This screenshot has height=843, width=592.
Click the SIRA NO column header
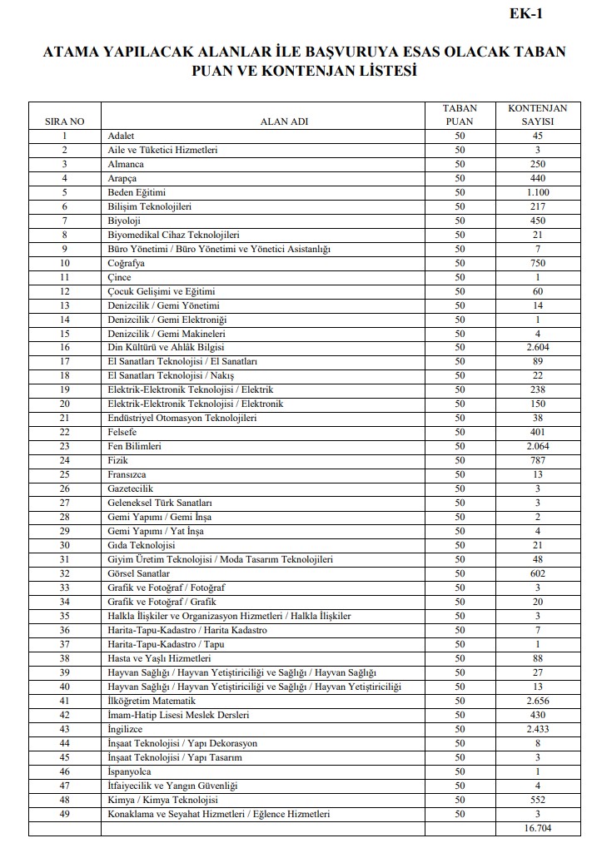[64, 121]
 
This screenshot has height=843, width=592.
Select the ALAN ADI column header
[284, 121]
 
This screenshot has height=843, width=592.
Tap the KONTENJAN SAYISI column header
[537, 115]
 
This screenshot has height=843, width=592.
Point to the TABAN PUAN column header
[459, 115]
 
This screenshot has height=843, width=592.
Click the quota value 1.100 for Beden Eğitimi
[537, 192]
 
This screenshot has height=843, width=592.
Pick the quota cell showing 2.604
[537, 347]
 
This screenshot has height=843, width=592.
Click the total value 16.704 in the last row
[537, 828]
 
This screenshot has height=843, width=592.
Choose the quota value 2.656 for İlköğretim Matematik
[537, 701]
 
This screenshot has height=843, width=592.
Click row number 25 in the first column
[64, 474]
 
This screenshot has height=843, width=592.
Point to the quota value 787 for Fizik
[537, 460]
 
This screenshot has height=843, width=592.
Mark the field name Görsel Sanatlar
[139, 573]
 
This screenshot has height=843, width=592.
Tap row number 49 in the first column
[64, 814]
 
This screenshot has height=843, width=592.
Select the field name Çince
[121, 276]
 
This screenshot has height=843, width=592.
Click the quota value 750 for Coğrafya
[537, 262]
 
